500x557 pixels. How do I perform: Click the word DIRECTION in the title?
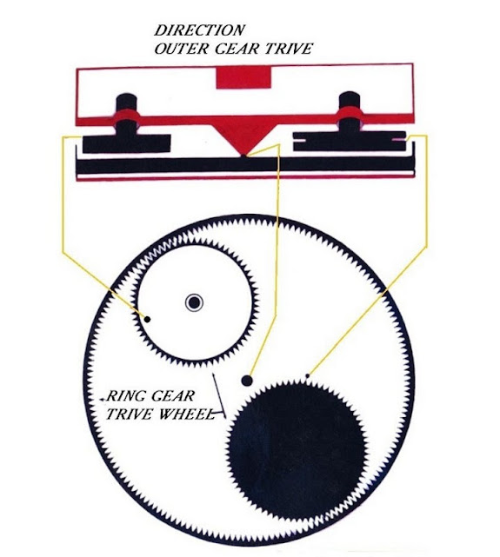199,30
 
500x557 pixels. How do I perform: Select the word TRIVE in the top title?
288,49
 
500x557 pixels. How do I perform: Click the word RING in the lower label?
125,395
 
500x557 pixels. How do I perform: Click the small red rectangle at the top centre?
243,78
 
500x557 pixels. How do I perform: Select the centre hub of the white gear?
195,303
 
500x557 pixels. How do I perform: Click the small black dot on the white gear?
147,320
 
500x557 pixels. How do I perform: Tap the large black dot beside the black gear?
247,381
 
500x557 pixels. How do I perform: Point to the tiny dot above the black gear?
308,375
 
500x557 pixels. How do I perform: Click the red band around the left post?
126,116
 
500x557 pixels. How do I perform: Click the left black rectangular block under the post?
126,143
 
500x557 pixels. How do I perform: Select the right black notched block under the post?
350,141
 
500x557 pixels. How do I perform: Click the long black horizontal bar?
245,165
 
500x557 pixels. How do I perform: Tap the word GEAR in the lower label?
172,395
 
